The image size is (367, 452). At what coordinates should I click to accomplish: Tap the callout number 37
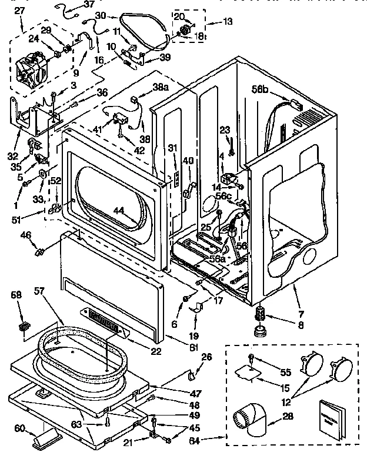(88, 5)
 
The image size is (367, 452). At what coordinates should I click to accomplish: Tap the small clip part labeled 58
(24, 325)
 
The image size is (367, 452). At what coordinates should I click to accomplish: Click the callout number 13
(228, 22)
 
